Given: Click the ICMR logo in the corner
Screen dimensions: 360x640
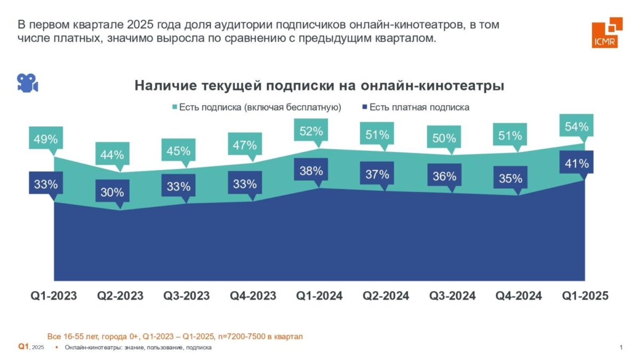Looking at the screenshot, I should click(607, 33).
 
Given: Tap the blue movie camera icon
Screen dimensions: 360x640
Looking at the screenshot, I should click(27, 83).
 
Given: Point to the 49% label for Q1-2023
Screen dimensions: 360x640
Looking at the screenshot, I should click(46, 140).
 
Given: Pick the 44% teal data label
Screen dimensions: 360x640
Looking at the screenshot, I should click(112, 155).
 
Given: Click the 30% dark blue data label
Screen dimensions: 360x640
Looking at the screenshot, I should click(112, 192).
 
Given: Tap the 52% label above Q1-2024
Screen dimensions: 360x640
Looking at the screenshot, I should click(311, 131).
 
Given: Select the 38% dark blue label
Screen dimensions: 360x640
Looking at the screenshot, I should click(311, 171).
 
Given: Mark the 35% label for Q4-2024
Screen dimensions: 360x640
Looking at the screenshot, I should click(510, 179).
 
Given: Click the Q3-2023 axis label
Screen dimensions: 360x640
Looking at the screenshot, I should click(187, 296).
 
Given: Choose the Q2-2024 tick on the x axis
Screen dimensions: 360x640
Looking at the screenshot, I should click(386, 296).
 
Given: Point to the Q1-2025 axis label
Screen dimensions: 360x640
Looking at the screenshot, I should click(585, 296).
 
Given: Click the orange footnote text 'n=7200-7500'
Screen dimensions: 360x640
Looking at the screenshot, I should click(246, 337).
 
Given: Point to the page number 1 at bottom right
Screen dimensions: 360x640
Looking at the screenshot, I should click(621, 348).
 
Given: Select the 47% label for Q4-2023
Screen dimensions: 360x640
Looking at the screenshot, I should click(245, 145).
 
